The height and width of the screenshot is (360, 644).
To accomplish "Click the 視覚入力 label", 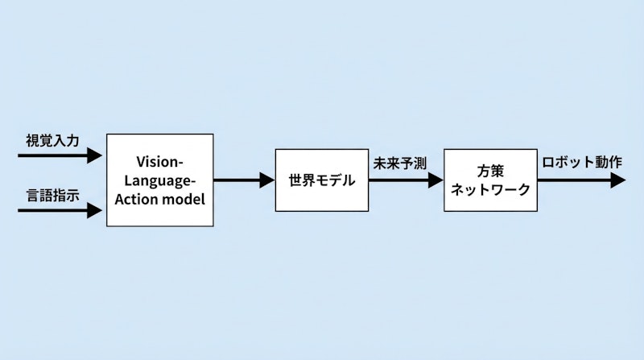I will pyautogui.click(x=53, y=139).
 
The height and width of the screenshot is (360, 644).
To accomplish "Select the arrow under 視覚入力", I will pyautogui.click(x=56, y=155).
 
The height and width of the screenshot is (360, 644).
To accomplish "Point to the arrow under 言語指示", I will pyautogui.click(x=56, y=211).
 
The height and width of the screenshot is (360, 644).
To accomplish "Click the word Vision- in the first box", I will pyautogui.click(x=160, y=162).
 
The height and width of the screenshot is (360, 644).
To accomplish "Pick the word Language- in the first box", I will pyautogui.click(x=160, y=180).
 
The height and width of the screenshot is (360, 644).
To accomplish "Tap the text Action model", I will pyautogui.click(x=160, y=197).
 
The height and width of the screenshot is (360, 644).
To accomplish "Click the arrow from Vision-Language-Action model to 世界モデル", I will pyautogui.click(x=242, y=180).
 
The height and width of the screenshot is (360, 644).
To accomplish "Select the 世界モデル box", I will pyautogui.click(x=320, y=180).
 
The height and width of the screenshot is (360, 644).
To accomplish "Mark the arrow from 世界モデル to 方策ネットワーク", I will pyautogui.click(x=402, y=180).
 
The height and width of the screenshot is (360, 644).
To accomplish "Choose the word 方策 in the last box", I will pyautogui.click(x=490, y=171).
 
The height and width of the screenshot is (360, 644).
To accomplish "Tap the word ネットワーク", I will pyautogui.click(x=490, y=190).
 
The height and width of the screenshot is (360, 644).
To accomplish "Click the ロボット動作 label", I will pyautogui.click(x=582, y=163).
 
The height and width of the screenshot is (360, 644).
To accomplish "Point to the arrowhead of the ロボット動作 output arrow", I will pyautogui.click(x=618, y=180).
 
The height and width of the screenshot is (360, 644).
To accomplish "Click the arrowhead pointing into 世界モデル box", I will pyautogui.click(x=267, y=180).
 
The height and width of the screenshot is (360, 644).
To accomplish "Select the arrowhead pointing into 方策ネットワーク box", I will pyautogui.click(x=436, y=180).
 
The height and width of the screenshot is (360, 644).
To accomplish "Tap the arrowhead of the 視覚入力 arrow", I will pyautogui.click(x=96, y=155).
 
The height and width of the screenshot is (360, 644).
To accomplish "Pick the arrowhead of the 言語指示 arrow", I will pyautogui.click(x=96, y=211).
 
